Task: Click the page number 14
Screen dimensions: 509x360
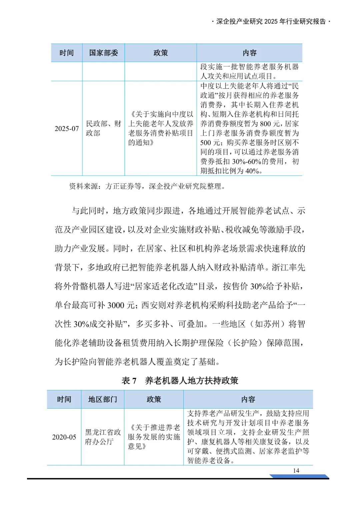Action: click(x=296, y=470)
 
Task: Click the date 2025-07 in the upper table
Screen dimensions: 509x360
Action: click(x=67, y=128)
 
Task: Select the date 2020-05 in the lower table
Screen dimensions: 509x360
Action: click(x=64, y=437)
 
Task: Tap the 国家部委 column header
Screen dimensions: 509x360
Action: click(x=103, y=53)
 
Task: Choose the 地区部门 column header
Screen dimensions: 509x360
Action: click(x=102, y=399)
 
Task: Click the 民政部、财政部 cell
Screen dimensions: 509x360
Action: click(x=103, y=128)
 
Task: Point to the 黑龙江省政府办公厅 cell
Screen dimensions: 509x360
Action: click(x=102, y=437)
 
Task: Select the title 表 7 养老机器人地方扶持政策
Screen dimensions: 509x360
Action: click(x=180, y=381)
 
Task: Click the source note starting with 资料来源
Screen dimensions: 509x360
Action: click(x=147, y=186)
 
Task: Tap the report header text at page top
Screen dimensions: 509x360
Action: click(x=271, y=22)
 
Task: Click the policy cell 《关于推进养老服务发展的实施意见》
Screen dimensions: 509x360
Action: click(x=154, y=437)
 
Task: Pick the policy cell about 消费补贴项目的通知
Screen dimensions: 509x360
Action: click(x=161, y=128)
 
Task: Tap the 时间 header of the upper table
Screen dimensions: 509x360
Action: click(x=67, y=53)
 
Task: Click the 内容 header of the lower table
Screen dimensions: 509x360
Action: click(x=248, y=399)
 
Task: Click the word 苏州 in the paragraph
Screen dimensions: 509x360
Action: click(x=271, y=324)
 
